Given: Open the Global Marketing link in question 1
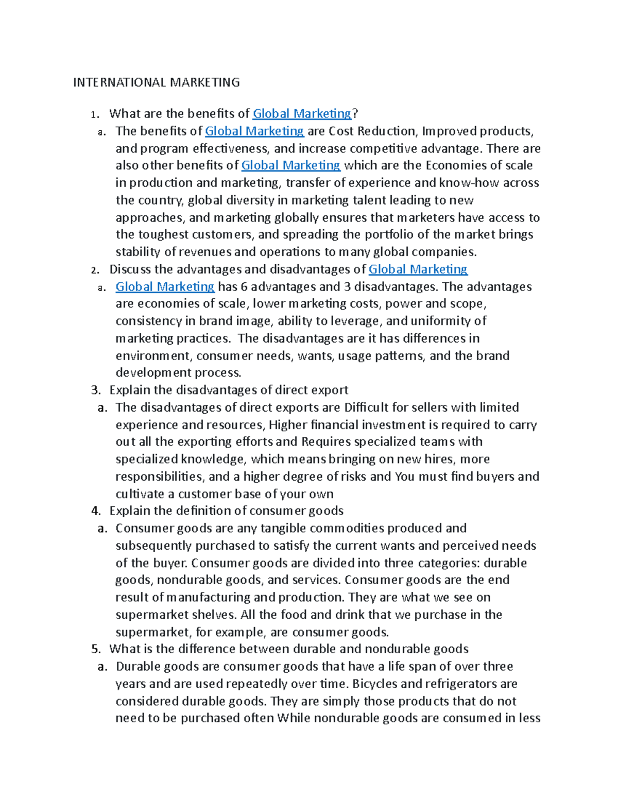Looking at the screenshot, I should [302, 113].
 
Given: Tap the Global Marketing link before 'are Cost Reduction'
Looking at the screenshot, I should [254, 131].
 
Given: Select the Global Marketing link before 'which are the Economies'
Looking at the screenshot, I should [290, 165].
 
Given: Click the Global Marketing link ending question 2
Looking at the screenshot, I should [418, 269].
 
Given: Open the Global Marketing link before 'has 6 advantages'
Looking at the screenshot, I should [165, 286].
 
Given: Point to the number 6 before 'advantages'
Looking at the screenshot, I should [244, 286].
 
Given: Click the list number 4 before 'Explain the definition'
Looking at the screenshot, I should [95, 511].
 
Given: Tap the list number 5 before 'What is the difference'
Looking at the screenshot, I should [95, 649].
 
